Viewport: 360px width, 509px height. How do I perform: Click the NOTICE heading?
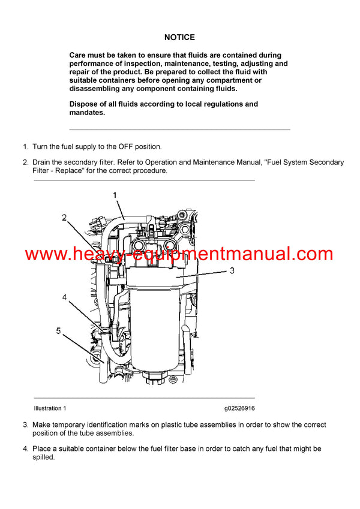pos(179,37)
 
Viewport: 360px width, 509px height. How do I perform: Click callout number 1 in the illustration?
pos(115,195)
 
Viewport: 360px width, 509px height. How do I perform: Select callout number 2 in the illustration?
pos(64,218)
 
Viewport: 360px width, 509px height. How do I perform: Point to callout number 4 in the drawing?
pos(65,296)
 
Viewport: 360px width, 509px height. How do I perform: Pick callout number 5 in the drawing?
pos(58,330)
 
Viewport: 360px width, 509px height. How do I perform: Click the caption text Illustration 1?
pos(50,408)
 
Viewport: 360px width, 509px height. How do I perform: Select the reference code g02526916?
pos(239,408)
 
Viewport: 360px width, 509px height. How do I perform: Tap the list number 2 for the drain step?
pos(25,162)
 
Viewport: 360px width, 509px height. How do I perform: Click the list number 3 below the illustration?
pos(25,425)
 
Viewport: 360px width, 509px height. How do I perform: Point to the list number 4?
pos(25,448)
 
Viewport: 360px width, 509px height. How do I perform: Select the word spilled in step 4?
pos(44,457)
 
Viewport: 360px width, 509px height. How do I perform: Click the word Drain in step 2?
pos(43,162)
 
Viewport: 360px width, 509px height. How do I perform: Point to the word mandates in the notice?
pos(86,112)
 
